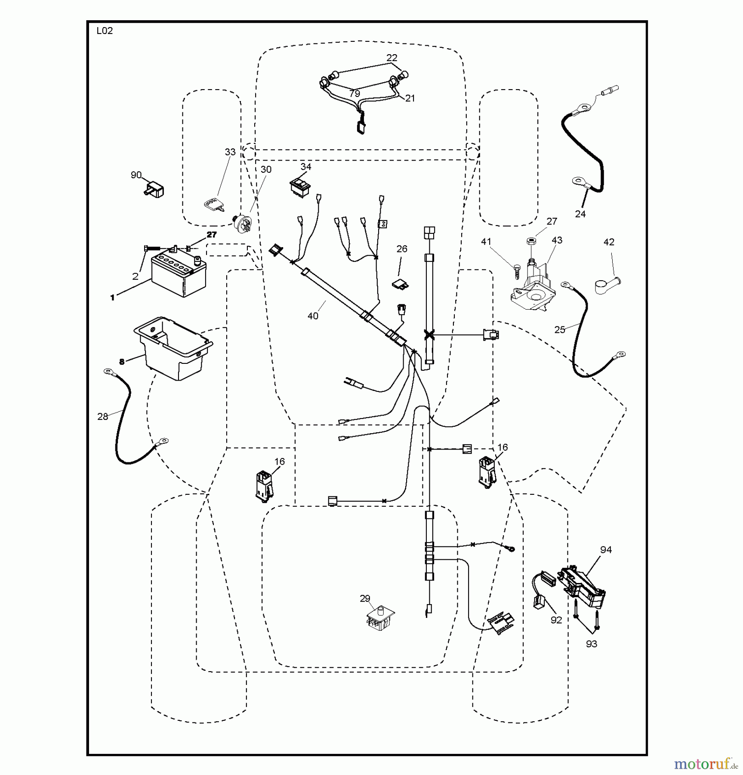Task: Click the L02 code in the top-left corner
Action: [105, 31]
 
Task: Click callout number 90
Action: [136, 175]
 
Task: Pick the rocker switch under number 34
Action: [299, 187]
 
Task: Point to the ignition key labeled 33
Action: [214, 205]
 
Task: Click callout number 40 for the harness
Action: [313, 316]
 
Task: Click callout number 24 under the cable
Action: [580, 214]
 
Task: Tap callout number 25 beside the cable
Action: [559, 329]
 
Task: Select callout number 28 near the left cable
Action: [102, 416]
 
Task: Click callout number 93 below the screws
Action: [591, 644]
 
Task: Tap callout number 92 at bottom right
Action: [556, 620]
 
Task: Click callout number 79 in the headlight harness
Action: [355, 93]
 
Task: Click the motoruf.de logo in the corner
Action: [706, 764]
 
